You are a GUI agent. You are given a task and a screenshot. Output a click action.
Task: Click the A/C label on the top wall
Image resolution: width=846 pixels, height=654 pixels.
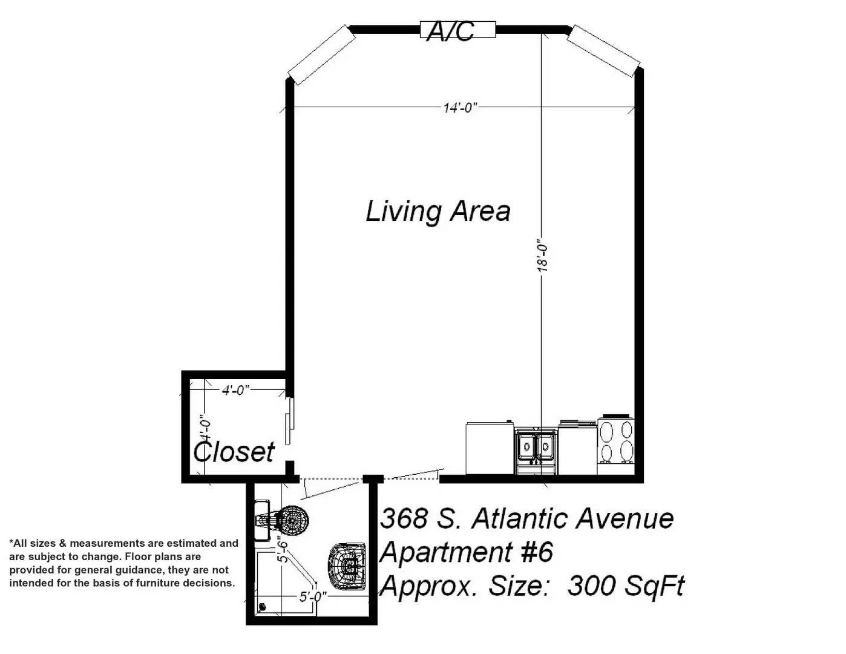(450, 31)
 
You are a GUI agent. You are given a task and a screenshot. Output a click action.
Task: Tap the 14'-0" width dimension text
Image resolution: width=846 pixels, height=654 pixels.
(460, 107)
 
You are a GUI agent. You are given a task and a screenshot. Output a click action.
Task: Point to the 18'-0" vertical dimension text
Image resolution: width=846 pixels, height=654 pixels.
(542, 255)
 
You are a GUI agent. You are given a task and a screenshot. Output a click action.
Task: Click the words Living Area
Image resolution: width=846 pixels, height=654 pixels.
(438, 211)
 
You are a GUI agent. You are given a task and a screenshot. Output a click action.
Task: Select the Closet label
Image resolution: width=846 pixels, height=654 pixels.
(234, 452)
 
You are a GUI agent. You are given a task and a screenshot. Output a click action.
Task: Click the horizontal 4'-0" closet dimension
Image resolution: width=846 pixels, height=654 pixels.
(235, 390)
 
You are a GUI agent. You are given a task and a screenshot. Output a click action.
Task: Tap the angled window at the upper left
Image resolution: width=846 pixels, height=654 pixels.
(321, 55)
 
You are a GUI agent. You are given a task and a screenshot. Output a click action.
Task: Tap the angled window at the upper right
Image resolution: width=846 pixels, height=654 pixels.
(603, 51)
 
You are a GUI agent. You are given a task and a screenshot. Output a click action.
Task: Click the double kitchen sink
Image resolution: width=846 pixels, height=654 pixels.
(536, 451)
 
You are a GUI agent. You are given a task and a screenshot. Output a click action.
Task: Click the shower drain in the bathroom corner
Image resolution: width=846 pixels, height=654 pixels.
(262, 606)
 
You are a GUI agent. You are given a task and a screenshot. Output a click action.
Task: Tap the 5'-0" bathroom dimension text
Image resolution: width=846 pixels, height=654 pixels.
(313, 596)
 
